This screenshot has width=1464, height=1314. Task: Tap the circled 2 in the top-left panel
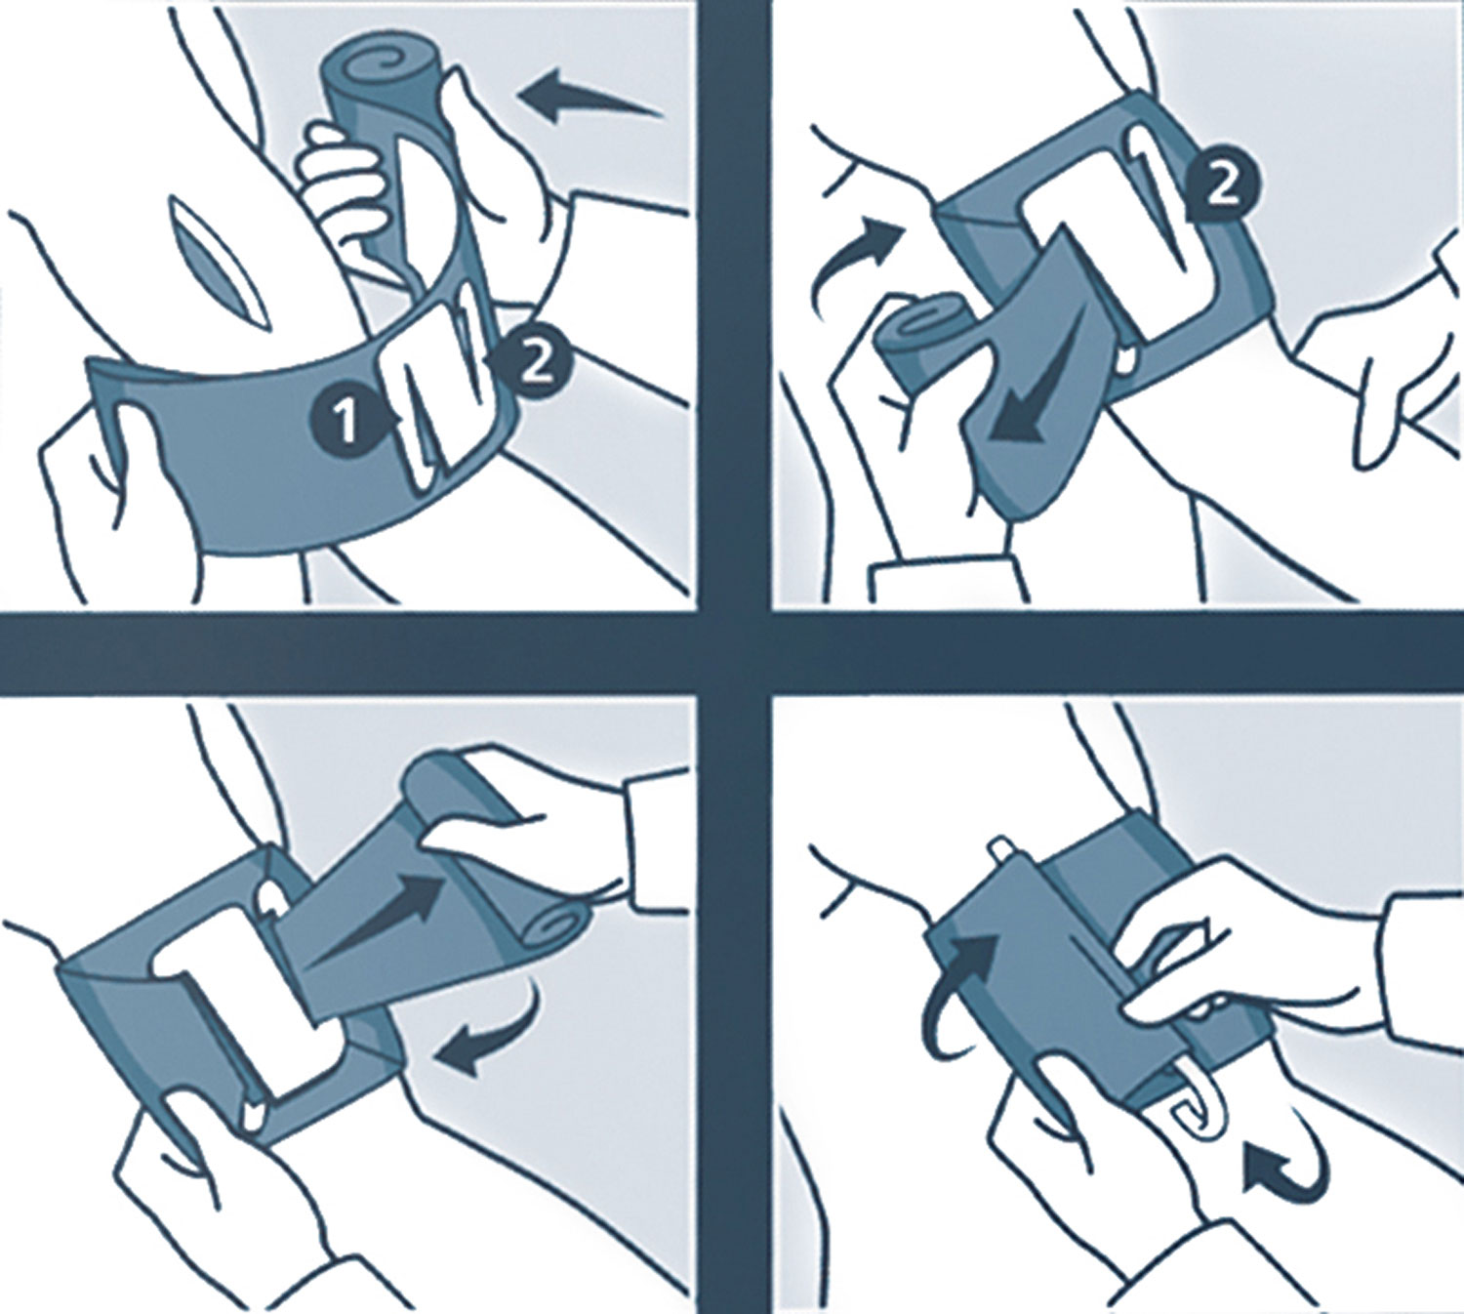point(534,366)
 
